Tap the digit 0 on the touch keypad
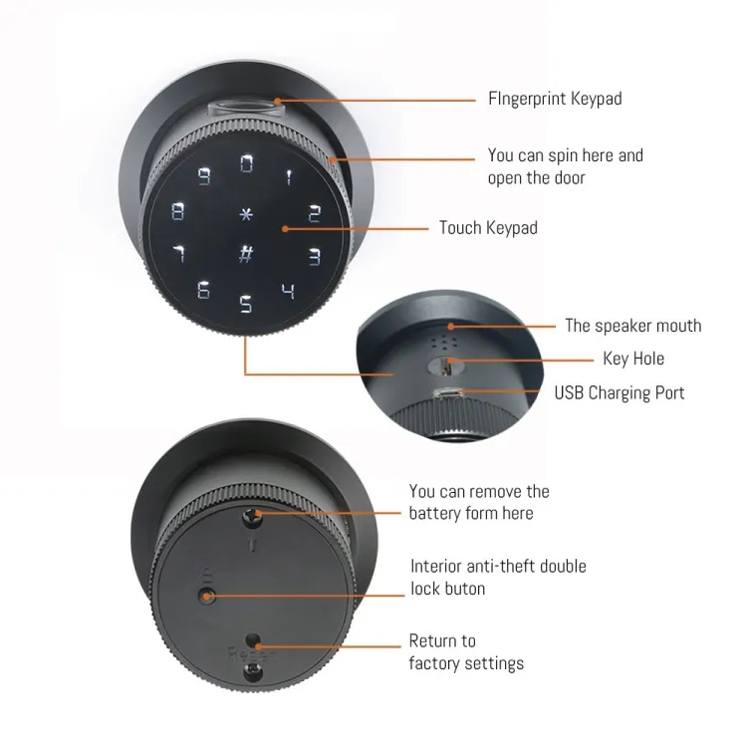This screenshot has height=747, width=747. [x=246, y=163]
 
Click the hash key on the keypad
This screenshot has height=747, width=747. [x=246, y=253]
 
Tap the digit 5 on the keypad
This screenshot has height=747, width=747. [x=245, y=304]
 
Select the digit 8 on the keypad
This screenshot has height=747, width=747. [x=177, y=211]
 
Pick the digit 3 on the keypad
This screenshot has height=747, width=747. [x=315, y=256]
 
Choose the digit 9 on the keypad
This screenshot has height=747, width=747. [x=204, y=176]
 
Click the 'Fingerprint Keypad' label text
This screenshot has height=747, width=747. [x=555, y=99]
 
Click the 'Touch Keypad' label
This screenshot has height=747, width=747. [x=488, y=228]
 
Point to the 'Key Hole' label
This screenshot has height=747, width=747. [x=633, y=359]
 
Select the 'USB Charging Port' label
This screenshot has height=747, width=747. [x=620, y=393]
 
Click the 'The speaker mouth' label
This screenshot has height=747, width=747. [x=633, y=326]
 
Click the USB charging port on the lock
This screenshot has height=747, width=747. [x=448, y=394]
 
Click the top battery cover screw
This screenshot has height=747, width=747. [x=252, y=517]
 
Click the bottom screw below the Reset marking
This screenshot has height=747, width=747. [x=252, y=672]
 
